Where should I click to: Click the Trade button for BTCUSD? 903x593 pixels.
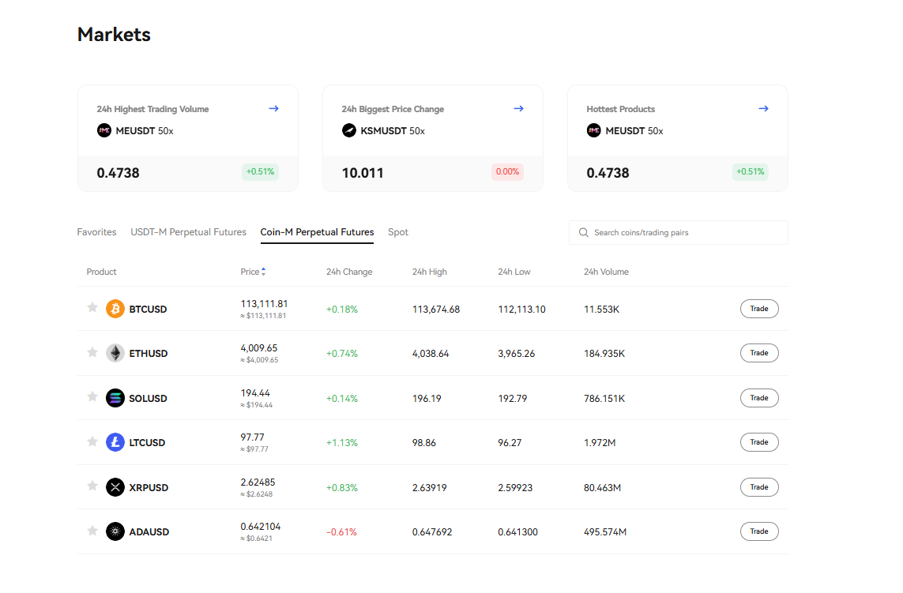pyautogui.click(x=758, y=309)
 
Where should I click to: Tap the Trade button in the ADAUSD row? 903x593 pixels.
pyautogui.click(x=758, y=531)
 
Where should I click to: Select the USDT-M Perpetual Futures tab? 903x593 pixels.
pyautogui.click(x=188, y=232)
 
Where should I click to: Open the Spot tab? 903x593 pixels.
pyautogui.click(x=398, y=232)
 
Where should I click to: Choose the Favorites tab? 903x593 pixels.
pyautogui.click(x=96, y=232)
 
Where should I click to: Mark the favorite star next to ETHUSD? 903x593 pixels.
pyautogui.click(x=92, y=352)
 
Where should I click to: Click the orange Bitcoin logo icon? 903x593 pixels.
pyautogui.click(x=115, y=309)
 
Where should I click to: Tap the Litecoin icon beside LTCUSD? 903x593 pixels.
pyautogui.click(x=115, y=442)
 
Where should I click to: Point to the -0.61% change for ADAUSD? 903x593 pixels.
pyautogui.click(x=341, y=532)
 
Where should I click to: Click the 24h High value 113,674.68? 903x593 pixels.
pyautogui.click(x=435, y=310)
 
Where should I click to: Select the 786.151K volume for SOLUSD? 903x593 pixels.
pyautogui.click(x=604, y=399)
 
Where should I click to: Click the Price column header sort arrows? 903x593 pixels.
pyautogui.click(x=264, y=272)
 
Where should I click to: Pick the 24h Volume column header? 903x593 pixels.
pyautogui.click(x=606, y=272)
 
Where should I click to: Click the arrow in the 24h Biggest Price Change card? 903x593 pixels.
pyautogui.click(x=518, y=109)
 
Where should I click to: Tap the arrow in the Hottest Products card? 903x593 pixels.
pyautogui.click(x=763, y=109)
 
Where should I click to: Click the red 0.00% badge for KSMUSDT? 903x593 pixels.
pyautogui.click(x=506, y=171)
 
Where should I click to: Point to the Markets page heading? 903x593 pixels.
pyautogui.click(x=114, y=35)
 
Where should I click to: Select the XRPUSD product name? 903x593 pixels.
pyautogui.click(x=149, y=488)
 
